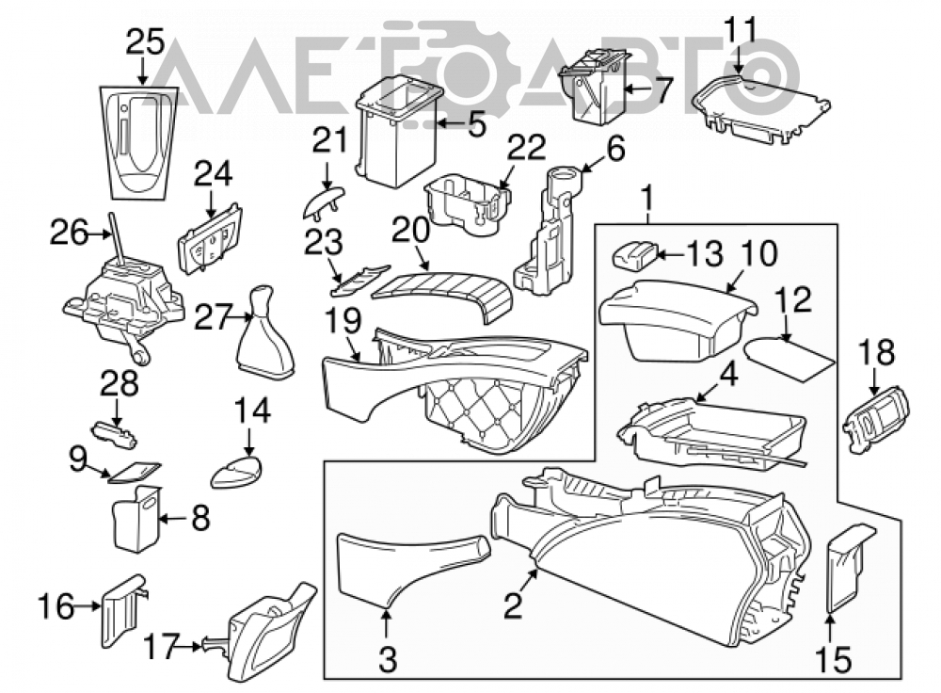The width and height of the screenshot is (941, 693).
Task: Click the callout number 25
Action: pyautogui.click(x=145, y=43)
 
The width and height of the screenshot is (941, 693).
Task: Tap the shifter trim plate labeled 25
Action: pyautogui.click(x=139, y=142)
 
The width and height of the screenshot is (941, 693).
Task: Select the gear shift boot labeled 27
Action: pyautogui.click(x=265, y=333)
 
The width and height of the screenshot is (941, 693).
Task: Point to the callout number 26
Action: pyautogui.click(x=68, y=233)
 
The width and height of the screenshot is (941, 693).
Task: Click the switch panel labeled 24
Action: pyautogui.click(x=211, y=239)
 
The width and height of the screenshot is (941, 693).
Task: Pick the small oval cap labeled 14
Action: pyautogui.click(x=237, y=472)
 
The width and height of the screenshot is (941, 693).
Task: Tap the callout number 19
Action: pyautogui.click(x=343, y=321)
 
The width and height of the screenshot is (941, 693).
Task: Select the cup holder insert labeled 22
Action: pyautogui.click(x=470, y=205)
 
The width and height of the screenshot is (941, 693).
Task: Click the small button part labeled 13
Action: pyautogui.click(x=633, y=254)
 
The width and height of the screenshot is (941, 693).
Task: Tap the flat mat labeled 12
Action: pyautogui.click(x=789, y=359)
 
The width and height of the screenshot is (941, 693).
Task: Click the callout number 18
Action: pyautogui.click(x=877, y=352)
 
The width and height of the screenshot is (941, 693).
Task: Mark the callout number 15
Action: pyautogui.click(x=834, y=659)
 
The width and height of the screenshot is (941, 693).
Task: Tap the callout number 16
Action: pyautogui.click(x=57, y=606)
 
